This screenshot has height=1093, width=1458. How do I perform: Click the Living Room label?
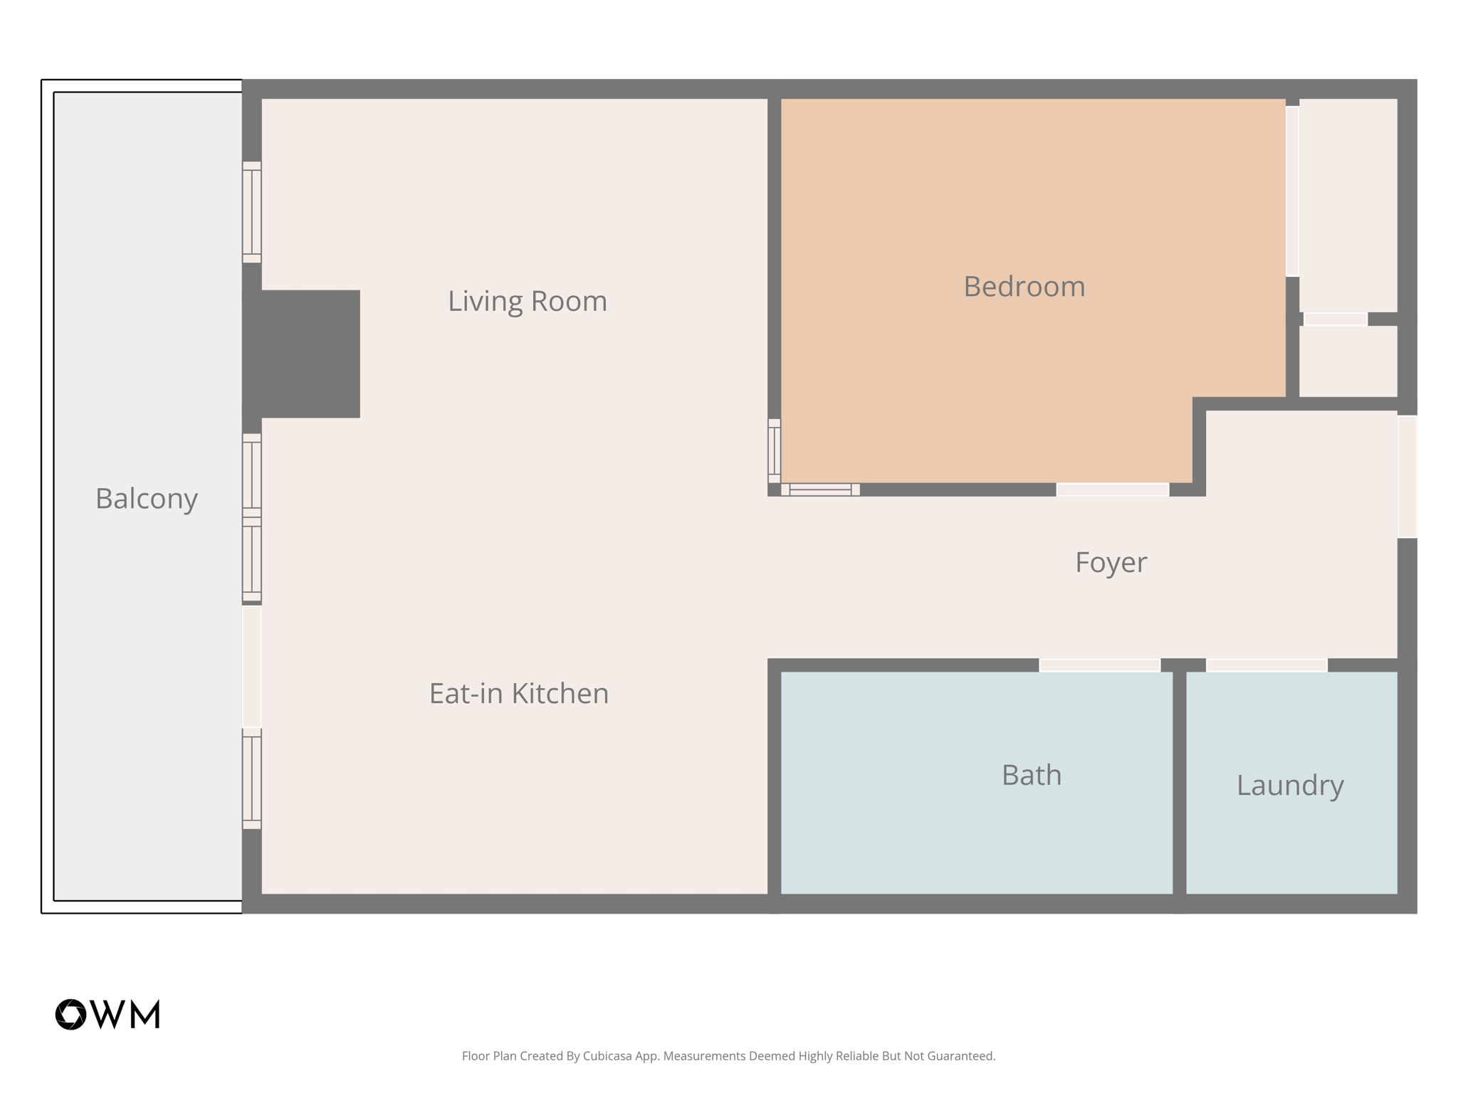click(527, 301)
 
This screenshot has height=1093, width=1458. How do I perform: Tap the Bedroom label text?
click(1024, 287)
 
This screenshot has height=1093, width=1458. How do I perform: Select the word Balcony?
click(146, 499)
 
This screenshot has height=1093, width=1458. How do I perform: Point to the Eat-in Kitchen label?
click(518, 694)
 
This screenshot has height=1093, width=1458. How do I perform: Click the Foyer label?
click(1111, 563)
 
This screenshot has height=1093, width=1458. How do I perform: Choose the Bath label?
click(1031, 775)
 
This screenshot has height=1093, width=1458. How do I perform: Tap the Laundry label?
click(1289, 786)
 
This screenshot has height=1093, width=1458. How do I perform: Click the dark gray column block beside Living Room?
click(306, 354)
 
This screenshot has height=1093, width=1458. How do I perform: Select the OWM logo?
click(107, 1014)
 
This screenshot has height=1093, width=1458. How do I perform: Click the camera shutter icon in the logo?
click(70, 1014)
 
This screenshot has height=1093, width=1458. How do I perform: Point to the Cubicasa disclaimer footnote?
click(728, 1056)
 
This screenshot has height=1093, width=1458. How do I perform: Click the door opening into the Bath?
click(1099, 665)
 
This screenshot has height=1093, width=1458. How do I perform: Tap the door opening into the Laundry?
click(1266, 665)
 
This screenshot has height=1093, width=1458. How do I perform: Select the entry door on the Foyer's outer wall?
click(1407, 476)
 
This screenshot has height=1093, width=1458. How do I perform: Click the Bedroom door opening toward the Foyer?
click(1112, 490)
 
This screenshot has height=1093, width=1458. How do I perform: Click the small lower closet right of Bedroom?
click(1348, 361)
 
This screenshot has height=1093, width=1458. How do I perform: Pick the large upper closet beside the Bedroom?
click(1348, 205)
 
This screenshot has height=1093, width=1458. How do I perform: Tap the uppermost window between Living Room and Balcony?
click(252, 212)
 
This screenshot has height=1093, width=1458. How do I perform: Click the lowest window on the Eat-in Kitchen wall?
click(252, 778)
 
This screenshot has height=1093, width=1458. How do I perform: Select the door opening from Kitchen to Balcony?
click(252, 667)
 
